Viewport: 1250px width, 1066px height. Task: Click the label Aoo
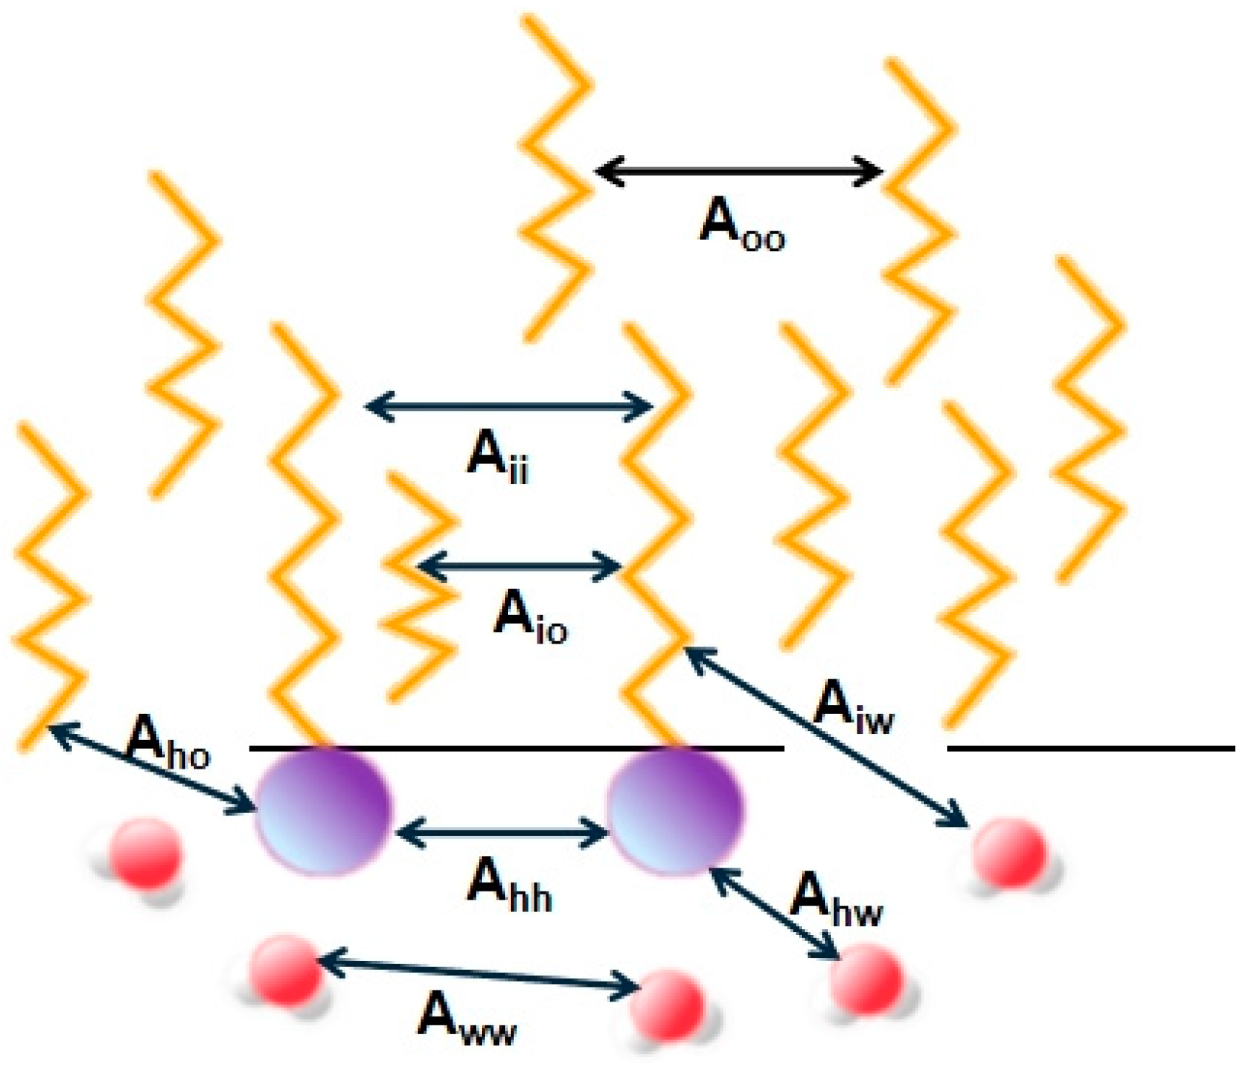coord(740,223)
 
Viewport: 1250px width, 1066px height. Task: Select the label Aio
coord(530,617)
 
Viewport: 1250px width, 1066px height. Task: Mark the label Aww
coord(467,1017)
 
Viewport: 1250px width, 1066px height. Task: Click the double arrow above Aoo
coord(739,172)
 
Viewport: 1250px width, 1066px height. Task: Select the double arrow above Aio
coord(519,566)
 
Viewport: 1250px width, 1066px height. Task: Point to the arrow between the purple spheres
coord(501,832)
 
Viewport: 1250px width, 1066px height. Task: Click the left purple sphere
coord(324,811)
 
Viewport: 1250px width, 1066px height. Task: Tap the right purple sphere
coord(674,811)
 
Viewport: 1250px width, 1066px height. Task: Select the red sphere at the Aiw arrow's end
coord(1008,853)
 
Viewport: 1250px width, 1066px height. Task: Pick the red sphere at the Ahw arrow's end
coord(866,978)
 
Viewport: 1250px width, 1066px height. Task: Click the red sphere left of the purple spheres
coord(146,854)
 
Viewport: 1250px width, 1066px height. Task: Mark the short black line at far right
coord(1090,748)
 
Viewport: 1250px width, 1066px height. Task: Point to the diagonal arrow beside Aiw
coord(824,738)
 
